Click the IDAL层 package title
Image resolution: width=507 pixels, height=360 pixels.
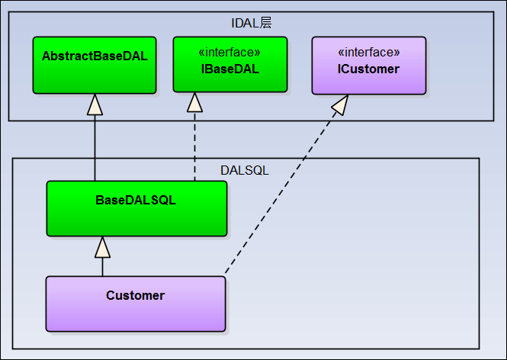[251, 23]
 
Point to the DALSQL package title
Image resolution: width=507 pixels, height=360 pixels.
[246, 169]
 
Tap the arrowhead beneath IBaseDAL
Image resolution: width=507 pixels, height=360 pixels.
[194, 102]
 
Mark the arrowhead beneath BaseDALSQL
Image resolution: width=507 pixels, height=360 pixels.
[102, 246]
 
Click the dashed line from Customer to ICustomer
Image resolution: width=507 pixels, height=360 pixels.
[282, 191]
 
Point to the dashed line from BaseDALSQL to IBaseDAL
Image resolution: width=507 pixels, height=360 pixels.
[194, 145]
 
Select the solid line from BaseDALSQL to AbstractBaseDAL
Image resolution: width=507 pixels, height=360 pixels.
[95, 145]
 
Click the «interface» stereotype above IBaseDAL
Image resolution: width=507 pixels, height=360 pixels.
[229, 53]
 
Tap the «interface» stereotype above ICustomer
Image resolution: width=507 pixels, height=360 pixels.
[369, 53]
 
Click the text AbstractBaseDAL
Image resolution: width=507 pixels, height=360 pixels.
[95, 56]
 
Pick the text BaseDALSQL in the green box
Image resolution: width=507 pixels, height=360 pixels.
[136, 201]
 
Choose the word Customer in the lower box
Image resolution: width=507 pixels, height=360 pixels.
[135, 295]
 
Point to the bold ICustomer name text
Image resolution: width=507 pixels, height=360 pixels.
[369, 69]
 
